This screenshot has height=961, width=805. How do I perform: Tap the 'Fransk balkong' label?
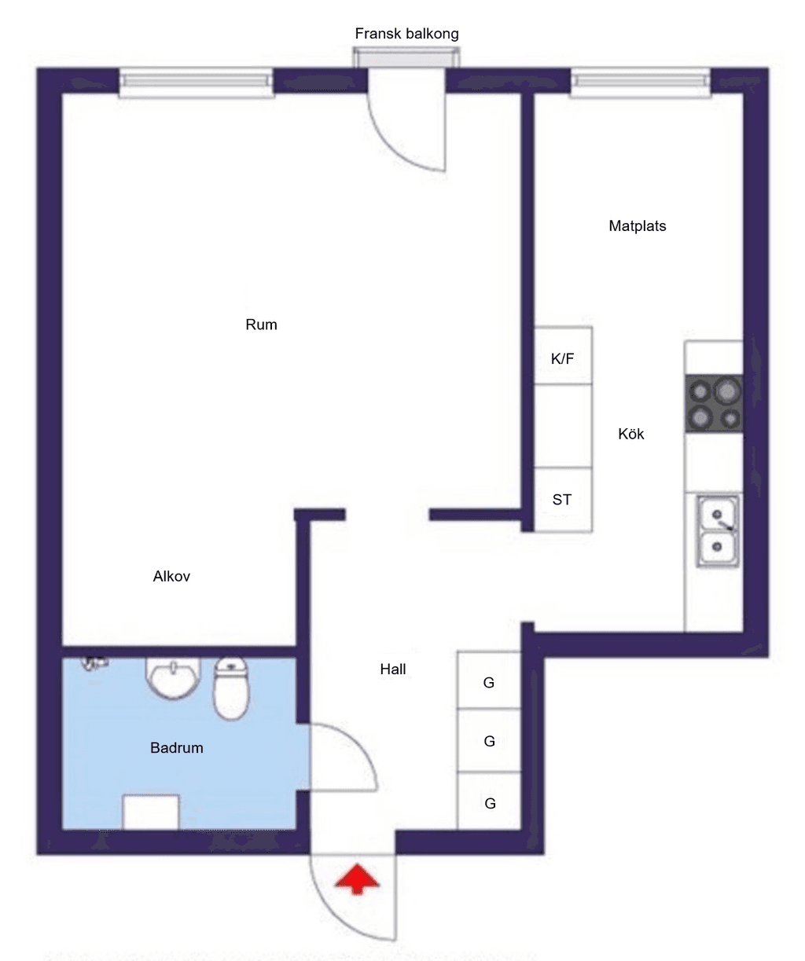pos(406,34)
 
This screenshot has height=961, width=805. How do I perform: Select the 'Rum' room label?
pos(261,325)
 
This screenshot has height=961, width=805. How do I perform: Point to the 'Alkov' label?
pos(171,576)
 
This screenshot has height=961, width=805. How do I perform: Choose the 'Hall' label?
pos(393,669)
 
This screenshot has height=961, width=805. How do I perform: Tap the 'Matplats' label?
pos(638,226)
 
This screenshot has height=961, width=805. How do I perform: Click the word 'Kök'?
pos(631,434)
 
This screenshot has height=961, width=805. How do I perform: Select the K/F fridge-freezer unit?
pos(563,355)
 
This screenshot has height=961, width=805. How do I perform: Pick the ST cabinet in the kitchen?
pos(563,500)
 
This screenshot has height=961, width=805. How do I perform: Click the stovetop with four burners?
pos(714,404)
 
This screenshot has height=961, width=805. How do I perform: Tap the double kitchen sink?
pos(718,531)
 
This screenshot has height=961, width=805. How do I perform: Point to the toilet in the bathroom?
pos(231,688)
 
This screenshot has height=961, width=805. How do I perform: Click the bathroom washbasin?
pos(173,678)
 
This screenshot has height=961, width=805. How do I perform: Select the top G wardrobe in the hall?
pos(489,680)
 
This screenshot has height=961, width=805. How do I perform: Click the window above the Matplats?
pos(641,82)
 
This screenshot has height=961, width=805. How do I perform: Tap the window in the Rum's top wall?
pos(197,82)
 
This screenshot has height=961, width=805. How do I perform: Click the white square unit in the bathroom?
pos(151,812)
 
